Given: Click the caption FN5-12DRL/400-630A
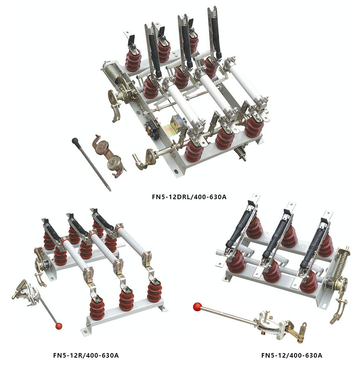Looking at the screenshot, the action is coord(189,197).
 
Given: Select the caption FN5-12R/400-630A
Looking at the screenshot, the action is coord(86,355).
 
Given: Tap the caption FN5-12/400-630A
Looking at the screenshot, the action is coord(292,355).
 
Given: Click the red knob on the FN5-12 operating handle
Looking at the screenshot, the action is coord(197,307).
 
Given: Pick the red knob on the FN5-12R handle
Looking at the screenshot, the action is coord(59,326).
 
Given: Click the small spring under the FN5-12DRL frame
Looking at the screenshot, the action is coord(241,153).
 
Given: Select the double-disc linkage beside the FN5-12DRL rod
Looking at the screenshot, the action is coord(108,156).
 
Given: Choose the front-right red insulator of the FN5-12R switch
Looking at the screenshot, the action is coord(154,292).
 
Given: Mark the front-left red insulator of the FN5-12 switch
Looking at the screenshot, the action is coord(236,261).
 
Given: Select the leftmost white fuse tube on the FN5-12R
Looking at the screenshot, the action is coord(75,256).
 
